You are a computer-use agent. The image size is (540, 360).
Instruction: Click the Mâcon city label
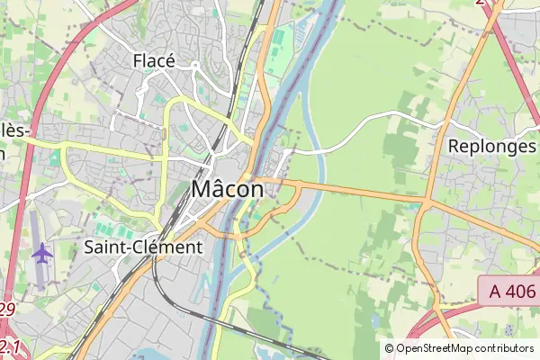pyautogui.click(x=228, y=190)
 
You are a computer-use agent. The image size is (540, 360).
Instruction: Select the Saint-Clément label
pyautogui.click(x=143, y=247)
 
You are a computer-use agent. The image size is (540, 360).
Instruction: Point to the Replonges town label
pyautogui.click(x=491, y=146)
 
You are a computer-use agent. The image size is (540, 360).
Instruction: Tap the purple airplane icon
pyautogui.click(x=41, y=253)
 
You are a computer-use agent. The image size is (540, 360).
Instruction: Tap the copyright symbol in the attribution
pyautogui.click(x=390, y=348)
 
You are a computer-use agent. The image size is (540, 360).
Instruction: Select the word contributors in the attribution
pyautogui.click(x=505, y=348)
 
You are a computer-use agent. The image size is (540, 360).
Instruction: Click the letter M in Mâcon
pyautogui.click(x=202, y=190)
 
